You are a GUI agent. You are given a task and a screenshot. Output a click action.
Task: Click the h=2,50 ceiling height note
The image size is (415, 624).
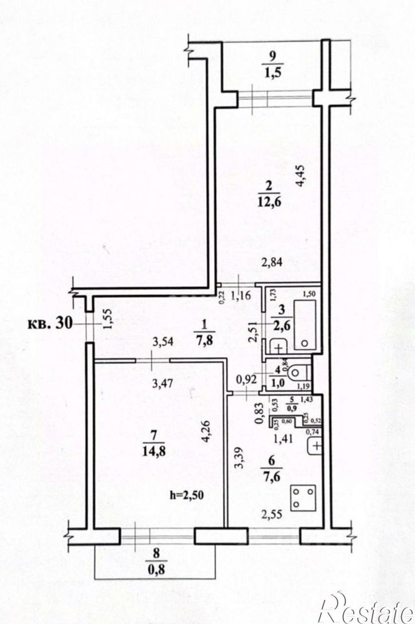point(188,495)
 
